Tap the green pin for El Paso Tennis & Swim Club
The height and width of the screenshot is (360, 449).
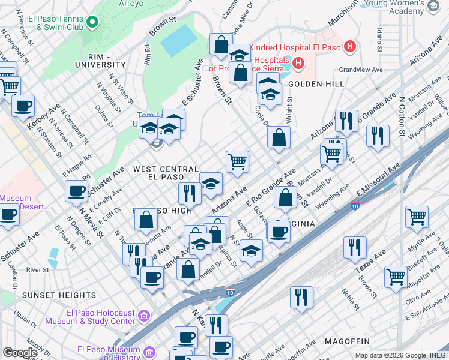[x=92, y=22]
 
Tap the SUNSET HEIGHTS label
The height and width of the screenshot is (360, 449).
[x=47, y=295]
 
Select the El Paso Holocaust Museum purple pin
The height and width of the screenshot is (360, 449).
[x=144, y=316]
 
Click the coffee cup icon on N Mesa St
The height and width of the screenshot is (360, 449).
[x=76, y=192]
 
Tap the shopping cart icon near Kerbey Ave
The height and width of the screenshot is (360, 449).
[x=10, y=88]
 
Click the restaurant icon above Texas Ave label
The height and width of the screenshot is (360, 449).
[x=355, y=247]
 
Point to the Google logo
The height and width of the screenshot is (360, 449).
[x=20, y=353]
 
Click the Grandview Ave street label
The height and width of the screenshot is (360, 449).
[x=361, y=70]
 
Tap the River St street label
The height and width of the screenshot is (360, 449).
[x=37, y=270]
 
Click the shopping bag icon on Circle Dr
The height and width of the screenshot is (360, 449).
[x=279, y=137]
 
